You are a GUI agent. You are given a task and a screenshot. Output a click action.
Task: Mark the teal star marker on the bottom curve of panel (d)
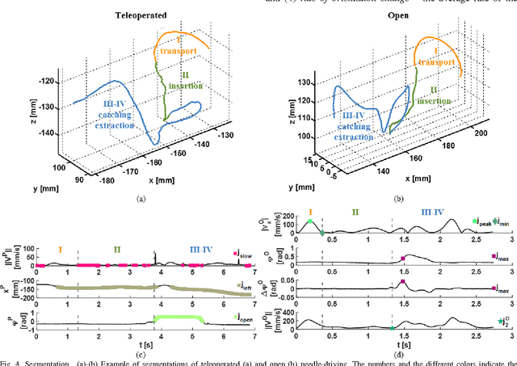click(392, 328)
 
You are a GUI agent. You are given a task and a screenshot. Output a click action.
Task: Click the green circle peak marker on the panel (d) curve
click(309, 221)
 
